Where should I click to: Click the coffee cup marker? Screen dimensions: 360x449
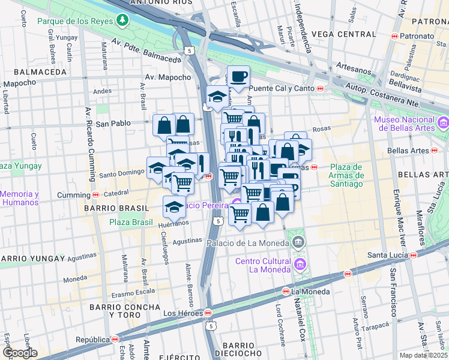(x=238, y=77)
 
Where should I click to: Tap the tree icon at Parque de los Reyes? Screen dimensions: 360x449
(x=123, y=21)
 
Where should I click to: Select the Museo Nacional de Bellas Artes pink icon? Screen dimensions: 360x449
(x=444, y=124)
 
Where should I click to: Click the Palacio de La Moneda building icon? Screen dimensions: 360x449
(x=299, y=243)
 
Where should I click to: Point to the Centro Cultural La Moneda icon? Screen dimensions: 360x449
(x=301, y=264)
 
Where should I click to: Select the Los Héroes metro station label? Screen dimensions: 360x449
(x=187, y=313)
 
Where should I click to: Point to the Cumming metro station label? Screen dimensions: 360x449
(x=77, y=195)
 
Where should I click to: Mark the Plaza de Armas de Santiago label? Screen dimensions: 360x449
(x=346, y=175)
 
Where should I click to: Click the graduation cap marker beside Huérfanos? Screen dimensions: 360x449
(x=174, y=206)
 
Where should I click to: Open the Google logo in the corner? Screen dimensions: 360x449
(x=19, y=353)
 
